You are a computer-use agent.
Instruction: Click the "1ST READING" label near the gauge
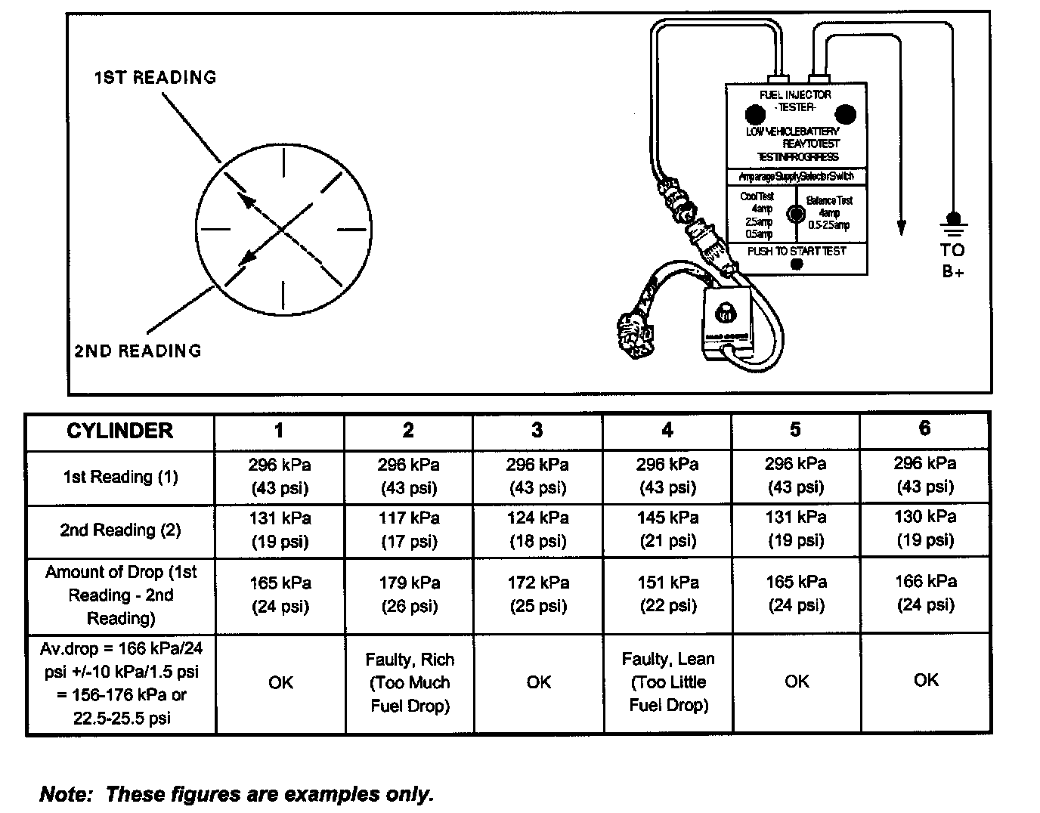tap(155, 77)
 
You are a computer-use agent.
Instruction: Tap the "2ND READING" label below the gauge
tap(138, 351)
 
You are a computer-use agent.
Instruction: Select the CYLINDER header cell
tap(120, 431)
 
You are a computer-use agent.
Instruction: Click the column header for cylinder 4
tap(667, 431)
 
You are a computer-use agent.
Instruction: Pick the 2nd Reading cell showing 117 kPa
tap(409, 530)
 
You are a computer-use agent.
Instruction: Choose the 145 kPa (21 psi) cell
tap(667, 530)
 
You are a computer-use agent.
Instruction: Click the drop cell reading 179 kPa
tap(409, 594)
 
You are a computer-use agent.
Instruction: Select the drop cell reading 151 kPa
tap(667, 594)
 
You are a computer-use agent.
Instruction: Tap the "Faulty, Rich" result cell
tap(410, 682)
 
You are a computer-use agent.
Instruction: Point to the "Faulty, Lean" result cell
tap(668, 682)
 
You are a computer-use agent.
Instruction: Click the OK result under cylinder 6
tap(926, 681)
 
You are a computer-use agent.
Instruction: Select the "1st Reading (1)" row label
tap(120, 477)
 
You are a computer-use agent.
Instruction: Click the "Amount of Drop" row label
tap(120, 595)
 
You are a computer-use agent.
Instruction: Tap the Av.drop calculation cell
tap(120, 682)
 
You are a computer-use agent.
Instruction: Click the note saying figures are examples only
tap(237, 794)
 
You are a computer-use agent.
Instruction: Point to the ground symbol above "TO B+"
tap(953, 224)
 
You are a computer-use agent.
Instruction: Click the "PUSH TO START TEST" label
tap(797, 251)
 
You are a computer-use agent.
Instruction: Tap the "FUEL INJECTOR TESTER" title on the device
tap(795, 100)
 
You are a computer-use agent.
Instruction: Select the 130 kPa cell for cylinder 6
tap(926, 528)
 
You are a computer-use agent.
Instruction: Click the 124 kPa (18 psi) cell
tap(538, 530)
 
